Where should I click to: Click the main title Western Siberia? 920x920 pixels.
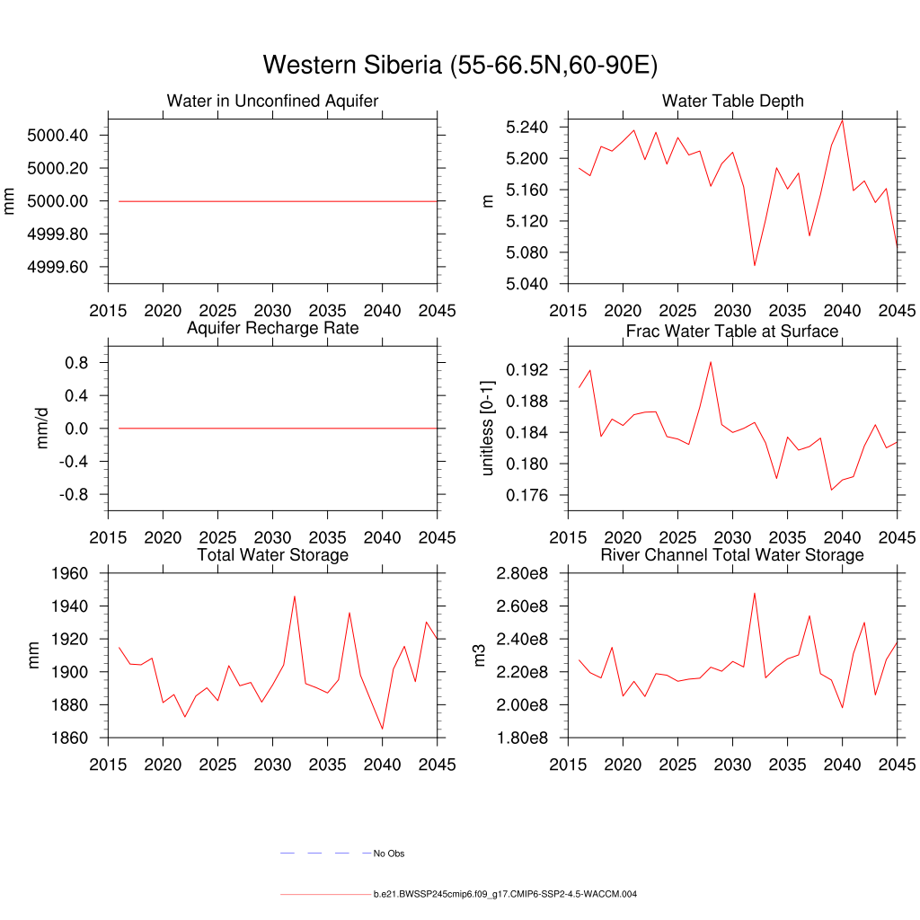coord(460,66)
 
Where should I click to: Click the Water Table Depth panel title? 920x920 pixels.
coord(732,101)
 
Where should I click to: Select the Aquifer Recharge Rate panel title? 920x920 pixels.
coord(272,328)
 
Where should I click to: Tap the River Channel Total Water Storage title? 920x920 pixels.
coord(732,555)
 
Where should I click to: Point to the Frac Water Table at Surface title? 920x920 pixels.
coord(732,332)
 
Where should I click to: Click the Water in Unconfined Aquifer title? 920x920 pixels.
coord(272,101)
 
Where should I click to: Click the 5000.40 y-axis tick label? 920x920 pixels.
coord(57,136)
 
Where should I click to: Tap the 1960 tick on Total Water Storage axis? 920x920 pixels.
coord(70,573)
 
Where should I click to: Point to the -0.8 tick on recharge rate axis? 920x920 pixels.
coord(70,494)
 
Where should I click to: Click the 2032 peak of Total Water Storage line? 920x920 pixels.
coord(295,596)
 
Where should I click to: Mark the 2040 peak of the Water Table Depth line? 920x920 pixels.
coord(842,120)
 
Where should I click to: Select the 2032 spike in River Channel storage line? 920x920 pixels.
coord(755,593)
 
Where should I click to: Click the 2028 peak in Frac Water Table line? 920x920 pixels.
coord(711,362)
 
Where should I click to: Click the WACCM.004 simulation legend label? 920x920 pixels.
coord(505,895)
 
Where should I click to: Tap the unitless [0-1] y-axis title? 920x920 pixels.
coord(488,427)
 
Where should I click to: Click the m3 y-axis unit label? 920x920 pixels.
coord(480,655)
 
